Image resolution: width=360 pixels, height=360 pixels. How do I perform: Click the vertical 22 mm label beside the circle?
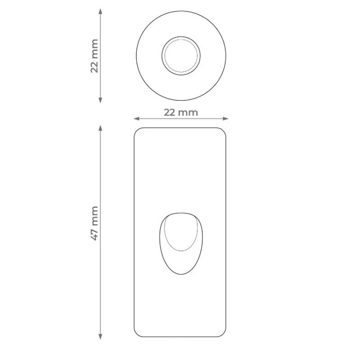click(95, 56)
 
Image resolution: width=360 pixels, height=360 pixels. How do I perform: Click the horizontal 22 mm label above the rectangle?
click(180, 112)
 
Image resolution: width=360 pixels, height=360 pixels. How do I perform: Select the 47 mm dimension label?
click(95, 223)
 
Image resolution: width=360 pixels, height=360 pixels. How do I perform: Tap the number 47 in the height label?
click(95, 235)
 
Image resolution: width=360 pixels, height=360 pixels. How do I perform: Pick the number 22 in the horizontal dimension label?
click(169, 112)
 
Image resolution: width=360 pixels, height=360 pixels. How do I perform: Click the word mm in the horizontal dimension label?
click(188, 113)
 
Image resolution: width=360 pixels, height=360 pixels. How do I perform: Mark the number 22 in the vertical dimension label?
click(95, 67)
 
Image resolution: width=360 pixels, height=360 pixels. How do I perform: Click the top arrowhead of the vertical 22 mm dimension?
click(100, 11)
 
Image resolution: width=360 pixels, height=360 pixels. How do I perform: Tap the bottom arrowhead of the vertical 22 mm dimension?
click(100, 100)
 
